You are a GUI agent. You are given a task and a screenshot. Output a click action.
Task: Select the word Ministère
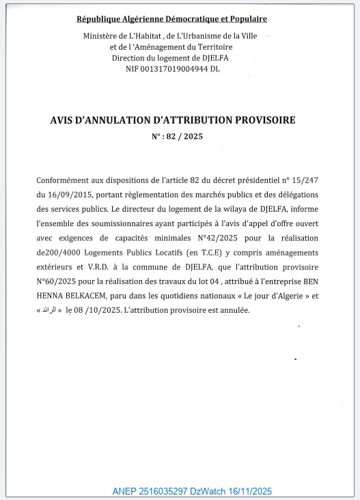[102, 36]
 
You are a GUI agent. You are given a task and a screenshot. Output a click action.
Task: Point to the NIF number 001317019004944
[174, 68]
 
